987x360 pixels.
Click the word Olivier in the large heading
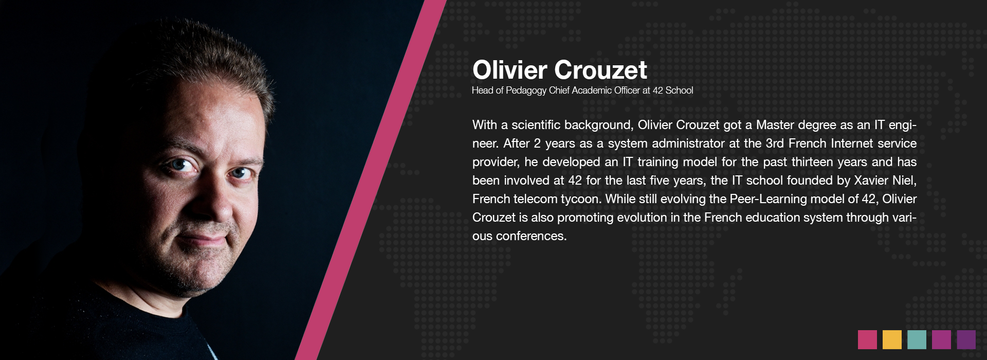tap(509, 70)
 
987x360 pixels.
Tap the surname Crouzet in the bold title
tap(600, 70)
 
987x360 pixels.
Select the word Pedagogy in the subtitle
tap(526, 91)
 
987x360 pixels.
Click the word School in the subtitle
tap(679, 91)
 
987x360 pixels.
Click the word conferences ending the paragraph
tap(531, 236)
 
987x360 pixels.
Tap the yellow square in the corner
tap(892, 339)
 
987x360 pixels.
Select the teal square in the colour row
tap(917, 339)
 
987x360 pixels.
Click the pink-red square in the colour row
tap(867, 339)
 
